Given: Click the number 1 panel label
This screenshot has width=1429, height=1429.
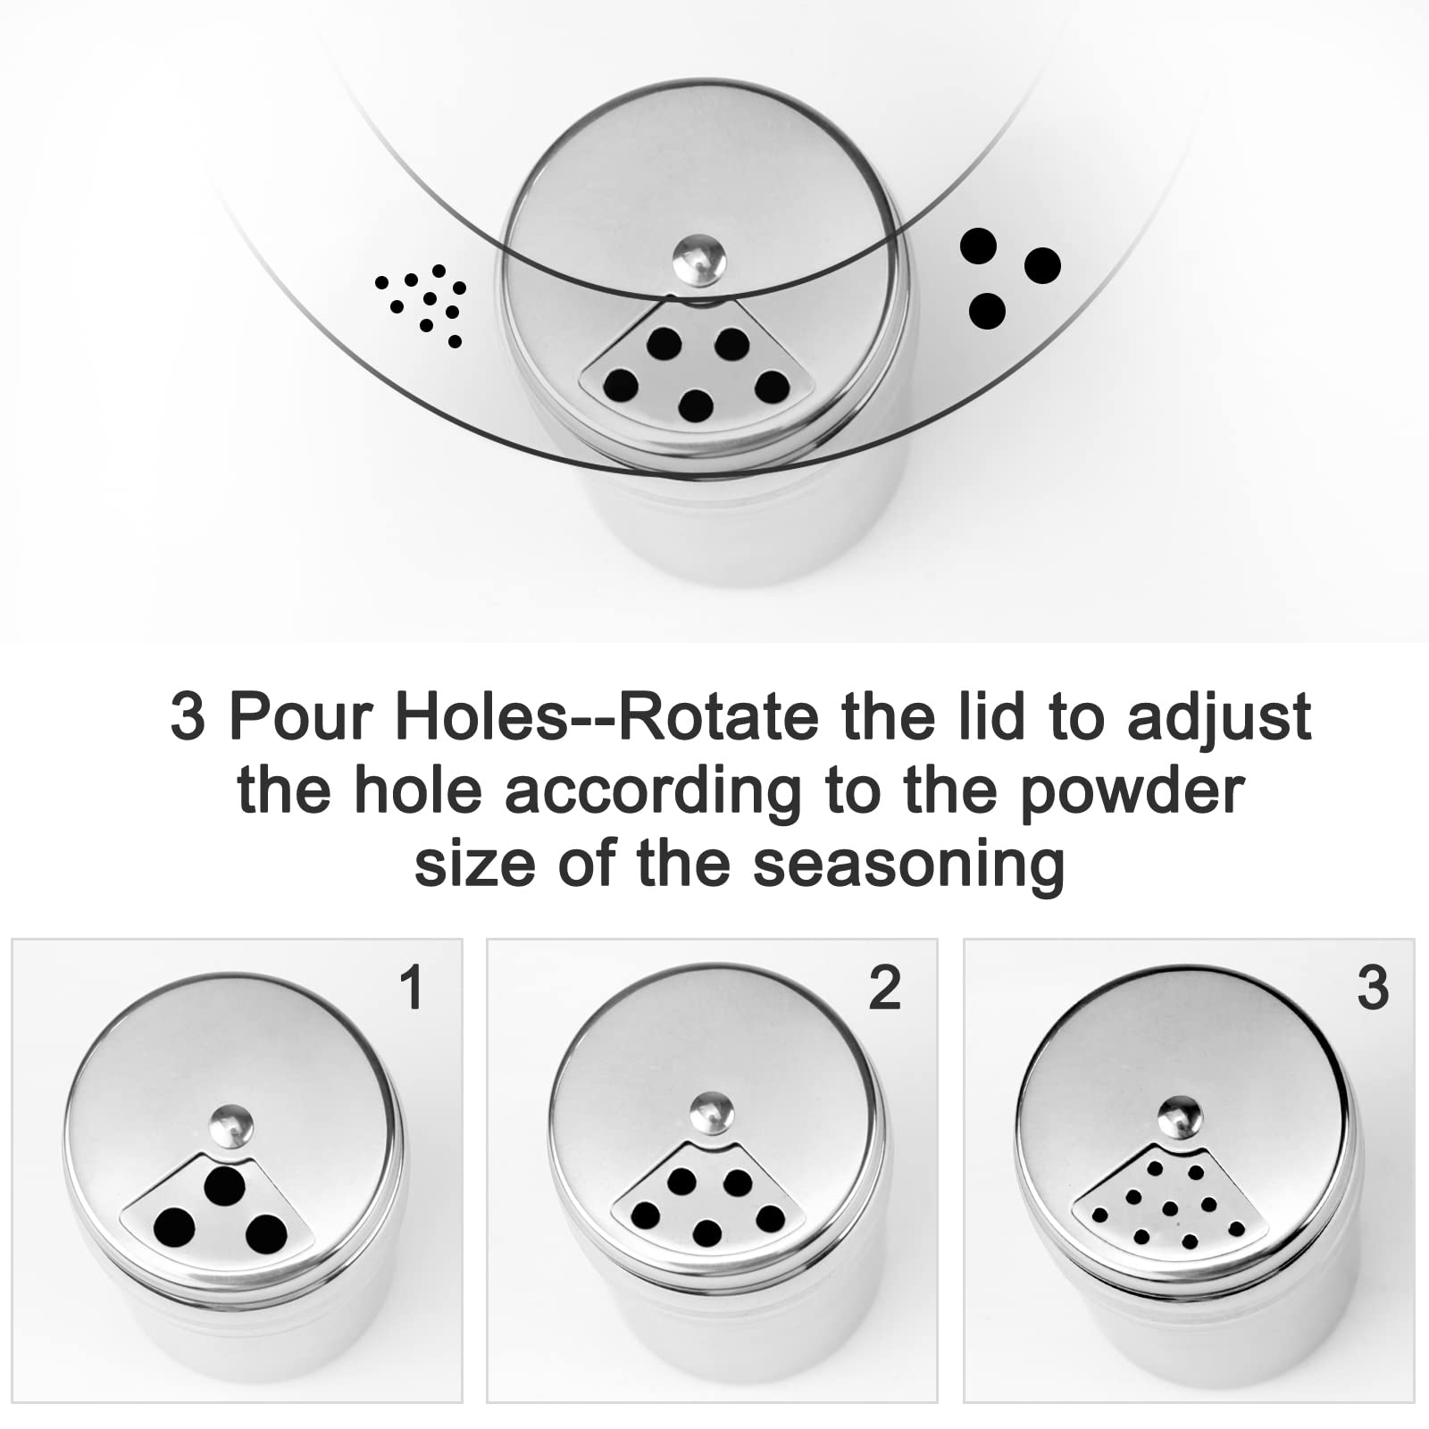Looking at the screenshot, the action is (x=412, y=988).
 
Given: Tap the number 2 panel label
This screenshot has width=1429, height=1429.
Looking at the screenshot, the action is (x=884, y=988).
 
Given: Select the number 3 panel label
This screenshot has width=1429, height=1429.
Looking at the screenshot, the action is (x=1373, y=988).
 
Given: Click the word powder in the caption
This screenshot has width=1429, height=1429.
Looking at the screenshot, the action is (x=1132, y=790).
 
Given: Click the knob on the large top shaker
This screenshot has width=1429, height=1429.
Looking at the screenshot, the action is (x=698, y=261).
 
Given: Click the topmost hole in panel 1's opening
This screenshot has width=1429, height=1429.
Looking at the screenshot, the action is (x=224, y=1184).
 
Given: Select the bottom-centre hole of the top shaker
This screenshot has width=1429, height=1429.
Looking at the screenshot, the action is (x=696, y=406).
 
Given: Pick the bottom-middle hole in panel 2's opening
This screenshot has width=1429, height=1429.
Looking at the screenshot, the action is (x=706, y=1233).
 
